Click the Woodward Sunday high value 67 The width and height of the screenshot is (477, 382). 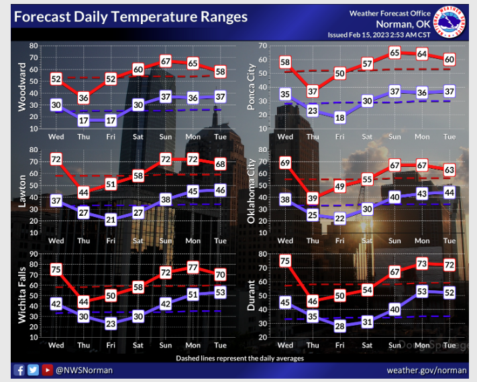click(x=166, y=62)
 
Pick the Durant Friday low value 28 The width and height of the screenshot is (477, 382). click(x=340, y=326)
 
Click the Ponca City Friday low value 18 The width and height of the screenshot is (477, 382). click(x=340, y=117)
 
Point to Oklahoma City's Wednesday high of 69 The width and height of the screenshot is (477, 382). click(x=285, y=162)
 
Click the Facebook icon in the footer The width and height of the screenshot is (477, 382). click(x=19, y=369)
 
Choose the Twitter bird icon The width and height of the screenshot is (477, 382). click(x=33, y=369)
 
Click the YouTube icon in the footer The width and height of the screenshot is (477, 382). click(x=47, y=369)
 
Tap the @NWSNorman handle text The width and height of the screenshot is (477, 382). click(x=85, y=370)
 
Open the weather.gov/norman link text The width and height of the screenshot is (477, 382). click(x=426, y=370)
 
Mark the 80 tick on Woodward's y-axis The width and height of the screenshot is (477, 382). click(x=32, y=46)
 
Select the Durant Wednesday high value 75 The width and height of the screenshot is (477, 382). click(x=285, y=261)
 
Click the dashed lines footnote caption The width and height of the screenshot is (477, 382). click(x=239, y=359)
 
